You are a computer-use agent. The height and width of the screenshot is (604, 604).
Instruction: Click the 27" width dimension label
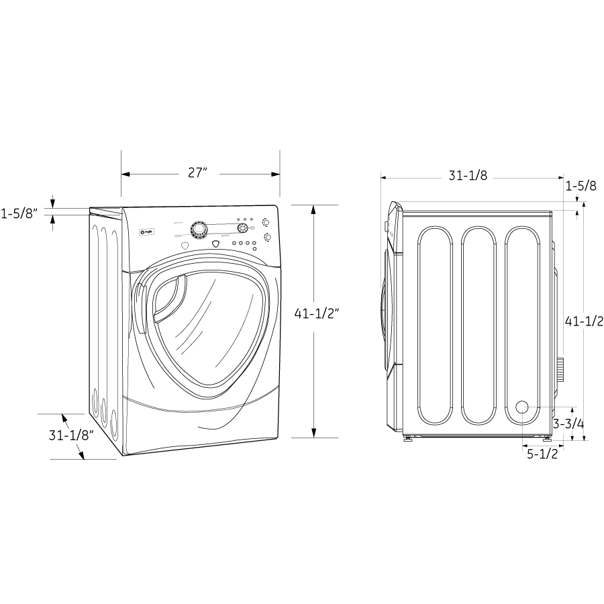click(x=197, y=173)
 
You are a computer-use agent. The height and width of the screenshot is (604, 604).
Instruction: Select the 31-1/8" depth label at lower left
click(x=70, y=434)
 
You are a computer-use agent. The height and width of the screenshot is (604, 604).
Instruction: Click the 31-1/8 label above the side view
click(x=468, y=177)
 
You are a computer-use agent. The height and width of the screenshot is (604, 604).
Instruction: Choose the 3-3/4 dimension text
click(x=568, y=423)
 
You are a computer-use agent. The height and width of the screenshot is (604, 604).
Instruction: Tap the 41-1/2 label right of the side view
click(x=583, y=321)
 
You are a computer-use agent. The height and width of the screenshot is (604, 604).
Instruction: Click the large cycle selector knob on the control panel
click(x=199, y=230)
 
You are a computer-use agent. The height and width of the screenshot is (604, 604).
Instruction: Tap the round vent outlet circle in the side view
click(x=521, y=407)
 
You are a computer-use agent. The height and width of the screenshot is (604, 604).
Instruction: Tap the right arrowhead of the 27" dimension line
click(x=275, y=174)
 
